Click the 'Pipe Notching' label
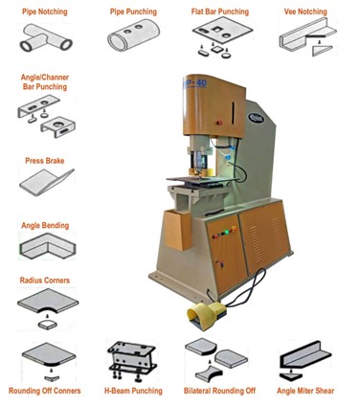tap(45, 12)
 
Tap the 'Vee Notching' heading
tap(305, 12)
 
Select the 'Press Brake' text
tap(45, 161)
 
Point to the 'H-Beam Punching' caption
tap(133, 391)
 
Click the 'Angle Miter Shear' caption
tap(305, 391)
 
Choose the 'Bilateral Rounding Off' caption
tap(220, 391)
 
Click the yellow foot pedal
tap(207, 314)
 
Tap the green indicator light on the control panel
tap(226, 232)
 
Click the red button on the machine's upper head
tap(219, 123)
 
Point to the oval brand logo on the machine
tap(256, 118)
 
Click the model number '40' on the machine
tap(201, 83)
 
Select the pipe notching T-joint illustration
tap(46, 38)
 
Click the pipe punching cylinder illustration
tap(133, 34)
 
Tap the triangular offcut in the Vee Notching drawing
tap(322, 51)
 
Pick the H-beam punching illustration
tap(132, 361)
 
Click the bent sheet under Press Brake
tap(47, 182)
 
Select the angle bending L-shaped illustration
tap(48, 245)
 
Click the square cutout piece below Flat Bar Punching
tap(216, 50)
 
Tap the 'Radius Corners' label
tap(45, 281)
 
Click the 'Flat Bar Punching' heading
tap(220, 12)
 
